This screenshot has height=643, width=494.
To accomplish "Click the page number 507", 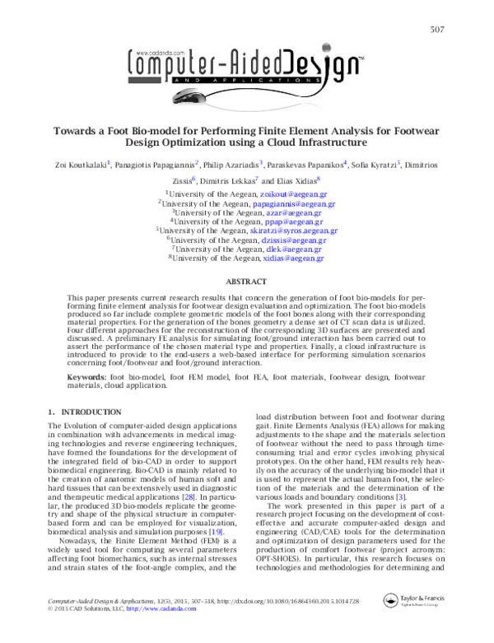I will tap(437, 30).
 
